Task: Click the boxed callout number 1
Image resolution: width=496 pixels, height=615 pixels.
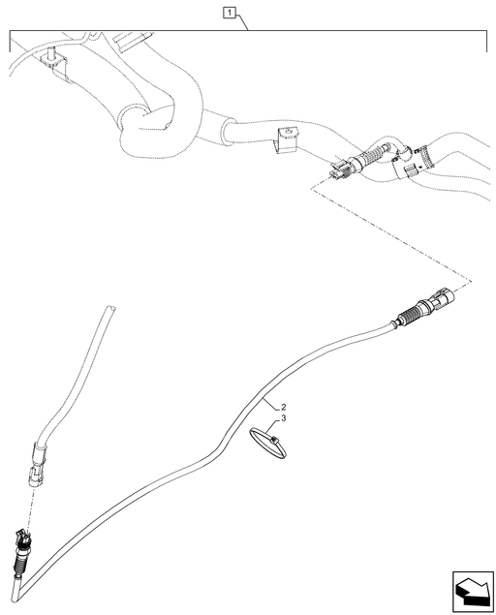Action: pyautogui.click(x=229, y=14)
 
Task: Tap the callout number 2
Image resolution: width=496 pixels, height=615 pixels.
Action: pyautogui.click(x=283, y=407)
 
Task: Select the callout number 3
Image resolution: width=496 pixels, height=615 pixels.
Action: pyautogui.click(x=283, y=418)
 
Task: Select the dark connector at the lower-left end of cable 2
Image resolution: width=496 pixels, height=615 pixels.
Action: pyautogui.click(x=22, y=539)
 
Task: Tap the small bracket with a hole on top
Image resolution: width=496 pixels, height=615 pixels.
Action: pyautogui.click(x=287, y=140)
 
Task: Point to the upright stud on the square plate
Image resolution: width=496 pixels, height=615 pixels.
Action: pyautogui.click(x=49, y=52)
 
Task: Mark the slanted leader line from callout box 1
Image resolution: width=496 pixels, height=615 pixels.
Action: pyautogui.click(x=241, y=22)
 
